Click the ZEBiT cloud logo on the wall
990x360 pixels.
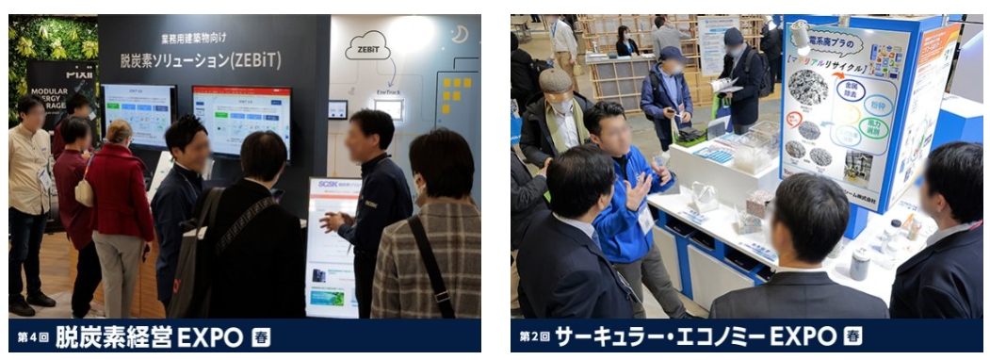pyautogui.click(x=367, y=45)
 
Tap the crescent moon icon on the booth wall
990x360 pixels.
pyautogui.click(x=460, y=34)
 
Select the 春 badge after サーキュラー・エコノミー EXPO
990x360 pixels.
pyautogui.click(x=852, y=336)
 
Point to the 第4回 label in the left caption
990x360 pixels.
pyautogui.click(x=32, y=337)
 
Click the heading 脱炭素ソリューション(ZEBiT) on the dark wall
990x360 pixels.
pyautogui.click(x=201, y=59)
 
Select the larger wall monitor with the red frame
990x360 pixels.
pyautogui.click(x=241, y=120)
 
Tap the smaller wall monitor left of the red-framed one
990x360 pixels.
pyautogui.click(x=138, y=115)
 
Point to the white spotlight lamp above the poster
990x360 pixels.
pyautogui.click(x=800, y=35)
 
